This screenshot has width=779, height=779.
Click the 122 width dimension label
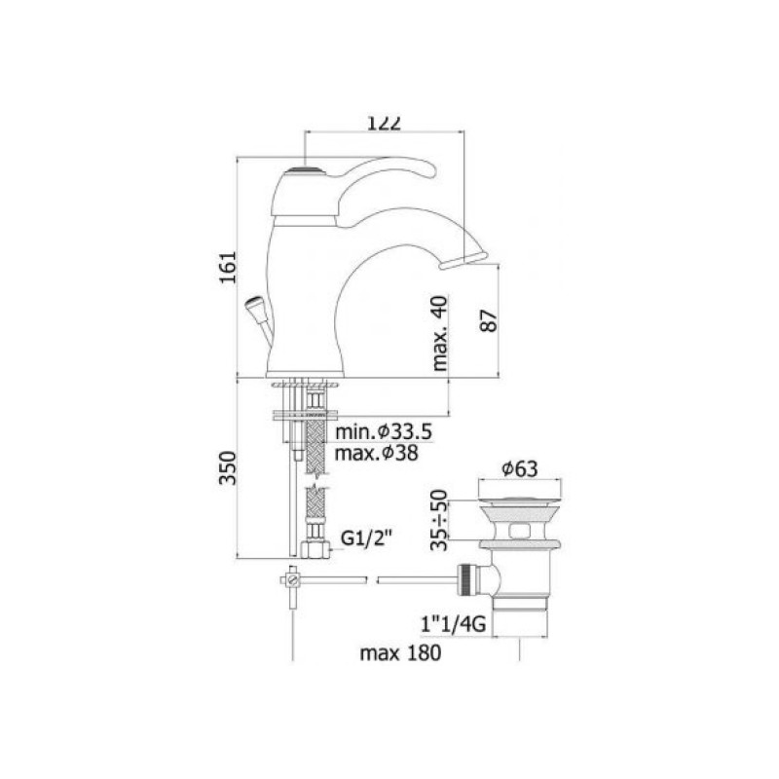click(384, 124)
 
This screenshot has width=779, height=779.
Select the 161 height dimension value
click(229, 267)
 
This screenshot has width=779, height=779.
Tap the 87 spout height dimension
click(489, 321)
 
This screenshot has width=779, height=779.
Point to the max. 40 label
click(440, 333)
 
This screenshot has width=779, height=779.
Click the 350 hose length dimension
click(229, 467)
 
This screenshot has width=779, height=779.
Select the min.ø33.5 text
click(384, 431)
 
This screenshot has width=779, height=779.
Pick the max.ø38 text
click(377, 453)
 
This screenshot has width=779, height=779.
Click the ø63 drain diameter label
click(520, 468)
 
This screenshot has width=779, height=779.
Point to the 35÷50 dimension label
click(439, 520)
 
